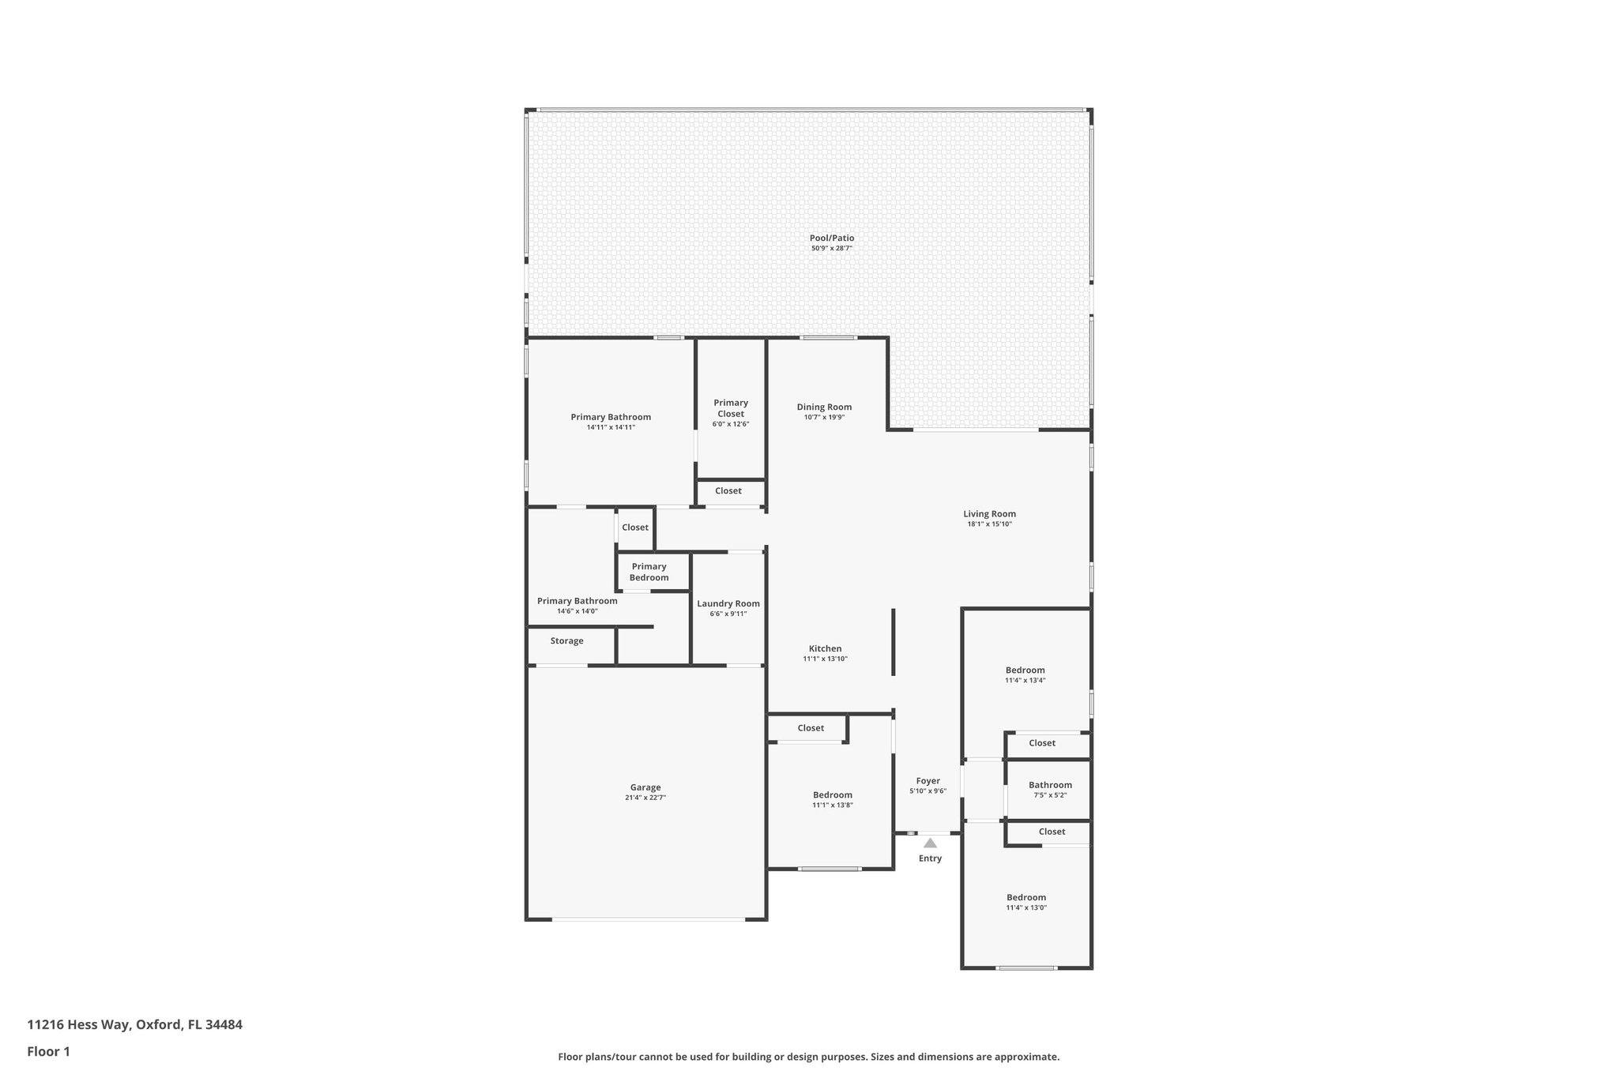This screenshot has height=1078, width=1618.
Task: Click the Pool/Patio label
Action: click(x=831, y=238)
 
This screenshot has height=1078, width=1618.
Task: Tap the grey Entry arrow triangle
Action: click(x=930, y=843)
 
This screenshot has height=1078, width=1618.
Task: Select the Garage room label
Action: click(x=645, y=787)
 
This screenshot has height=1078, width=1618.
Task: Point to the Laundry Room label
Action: click(x=728, y=603)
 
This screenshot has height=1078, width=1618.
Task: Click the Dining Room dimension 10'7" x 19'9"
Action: click(x=824, y=417)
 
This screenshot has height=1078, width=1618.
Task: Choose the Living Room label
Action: click(x=989, y=513)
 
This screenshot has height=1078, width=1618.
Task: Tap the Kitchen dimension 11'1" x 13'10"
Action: click(x=825, y=659)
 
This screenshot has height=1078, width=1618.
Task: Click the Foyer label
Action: click(x=928, y=781)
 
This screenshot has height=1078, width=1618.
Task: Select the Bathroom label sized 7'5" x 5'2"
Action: click(x=1050, y=785)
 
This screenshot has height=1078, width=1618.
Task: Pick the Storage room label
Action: click(x=566, y=640)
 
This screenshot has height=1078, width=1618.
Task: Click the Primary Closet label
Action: click(x=731, y=408)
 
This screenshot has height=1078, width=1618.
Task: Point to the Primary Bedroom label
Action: click(x=649, y=572)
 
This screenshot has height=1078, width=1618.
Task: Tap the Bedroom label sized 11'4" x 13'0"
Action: click(x=1025, y=897)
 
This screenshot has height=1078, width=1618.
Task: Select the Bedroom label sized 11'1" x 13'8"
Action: click(x=832, y=795)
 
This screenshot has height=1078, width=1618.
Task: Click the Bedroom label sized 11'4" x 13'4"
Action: click(x=1025, y=670)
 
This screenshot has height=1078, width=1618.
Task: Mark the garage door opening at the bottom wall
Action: click(x=648, y=918)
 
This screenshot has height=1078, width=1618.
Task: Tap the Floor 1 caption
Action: click(x=48, y=1052)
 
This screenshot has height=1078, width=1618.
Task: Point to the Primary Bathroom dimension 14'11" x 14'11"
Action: click(x=611, y=427)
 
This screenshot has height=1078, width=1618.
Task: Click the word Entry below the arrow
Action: click(x=930, y=858)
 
